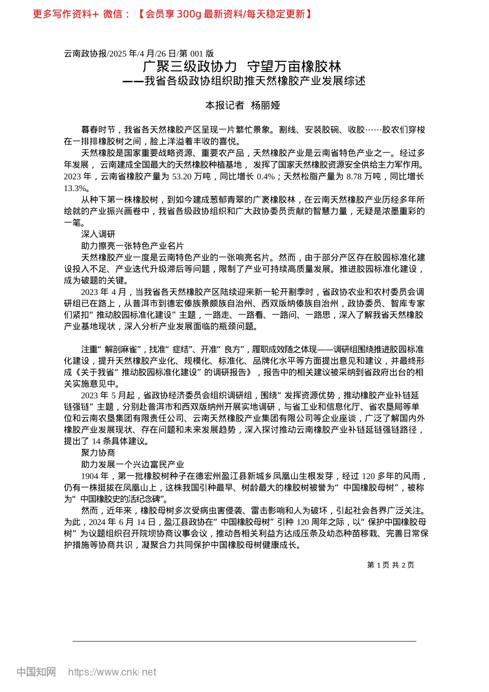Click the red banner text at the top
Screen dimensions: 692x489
172,14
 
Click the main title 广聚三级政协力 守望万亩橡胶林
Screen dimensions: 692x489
242,66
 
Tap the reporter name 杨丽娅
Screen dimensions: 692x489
266,106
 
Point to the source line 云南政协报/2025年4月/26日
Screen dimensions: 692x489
139,54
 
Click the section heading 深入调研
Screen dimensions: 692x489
98,234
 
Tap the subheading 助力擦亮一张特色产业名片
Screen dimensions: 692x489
132,246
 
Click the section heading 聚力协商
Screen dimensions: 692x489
98,453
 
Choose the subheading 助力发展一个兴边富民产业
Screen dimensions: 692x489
132,464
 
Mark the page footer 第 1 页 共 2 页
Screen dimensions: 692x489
391,565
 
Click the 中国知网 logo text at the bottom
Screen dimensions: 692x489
36,672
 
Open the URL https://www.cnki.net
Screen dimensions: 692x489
112,672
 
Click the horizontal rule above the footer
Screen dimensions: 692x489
244,641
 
